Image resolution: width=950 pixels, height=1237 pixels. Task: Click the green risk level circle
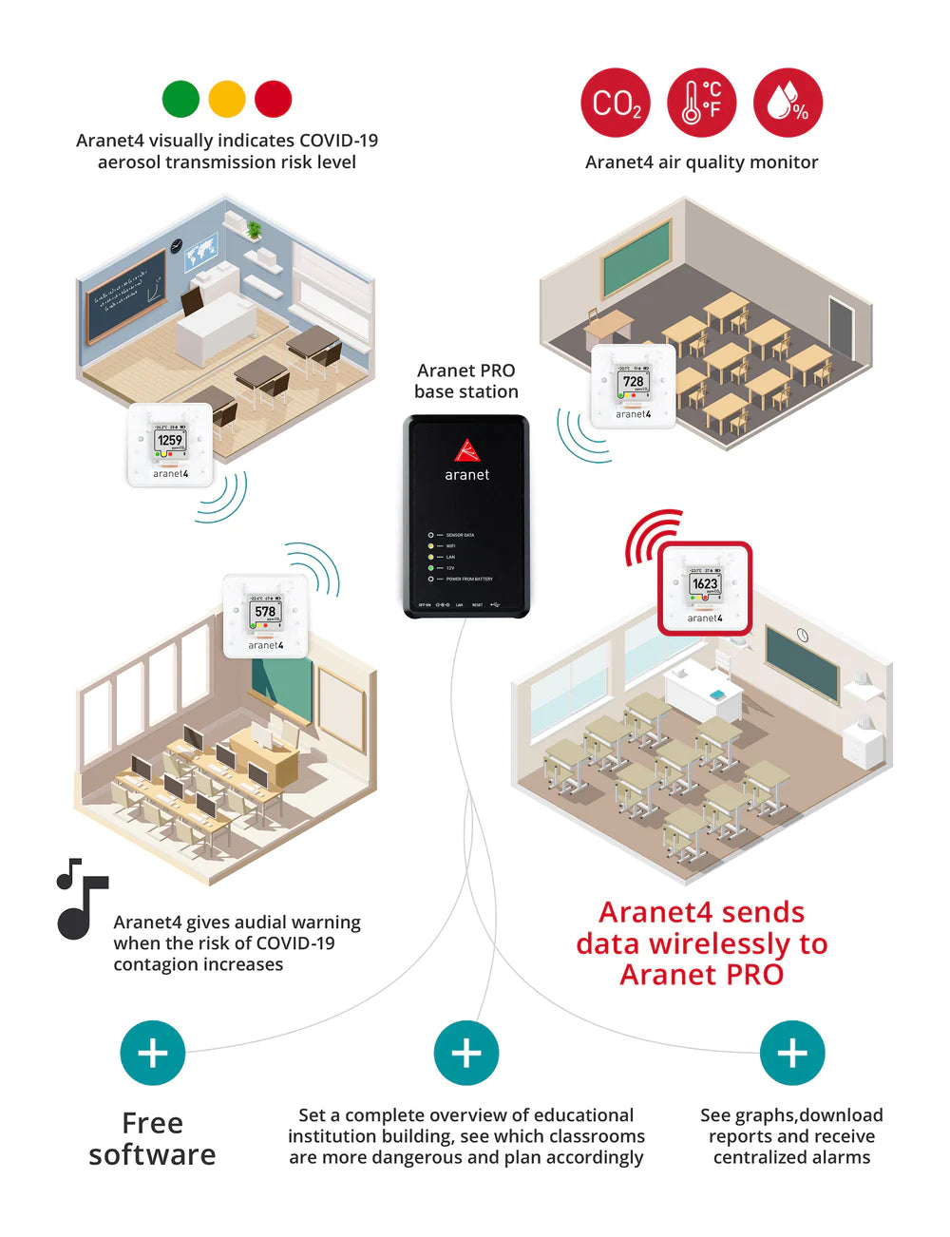(180, 99)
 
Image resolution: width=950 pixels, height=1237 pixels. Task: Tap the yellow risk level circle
(227, 99)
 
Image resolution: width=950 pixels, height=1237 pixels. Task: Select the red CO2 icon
(616, 103)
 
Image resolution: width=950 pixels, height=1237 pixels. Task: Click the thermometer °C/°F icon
(701, 103)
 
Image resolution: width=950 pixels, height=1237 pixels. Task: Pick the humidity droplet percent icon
(788, 103)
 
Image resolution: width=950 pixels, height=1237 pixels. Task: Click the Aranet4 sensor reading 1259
(171, 445)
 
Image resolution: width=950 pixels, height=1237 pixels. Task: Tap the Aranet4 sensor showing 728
(634, 385)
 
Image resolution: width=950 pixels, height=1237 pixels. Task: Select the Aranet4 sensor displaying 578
(266, 616)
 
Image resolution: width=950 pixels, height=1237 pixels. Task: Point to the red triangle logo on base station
(466, 449)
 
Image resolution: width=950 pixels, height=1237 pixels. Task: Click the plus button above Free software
(153, 1053)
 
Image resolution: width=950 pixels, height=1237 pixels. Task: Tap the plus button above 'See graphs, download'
(792, 1053)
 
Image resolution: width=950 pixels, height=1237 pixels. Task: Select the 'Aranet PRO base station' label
(466, 381)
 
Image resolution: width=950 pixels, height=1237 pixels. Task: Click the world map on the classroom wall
(201, 255)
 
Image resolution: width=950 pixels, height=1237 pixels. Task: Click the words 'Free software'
(153, 1138)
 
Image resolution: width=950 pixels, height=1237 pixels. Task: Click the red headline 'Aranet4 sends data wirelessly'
(702, 943)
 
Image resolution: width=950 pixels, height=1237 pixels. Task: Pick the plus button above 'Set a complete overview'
(466, 1053)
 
